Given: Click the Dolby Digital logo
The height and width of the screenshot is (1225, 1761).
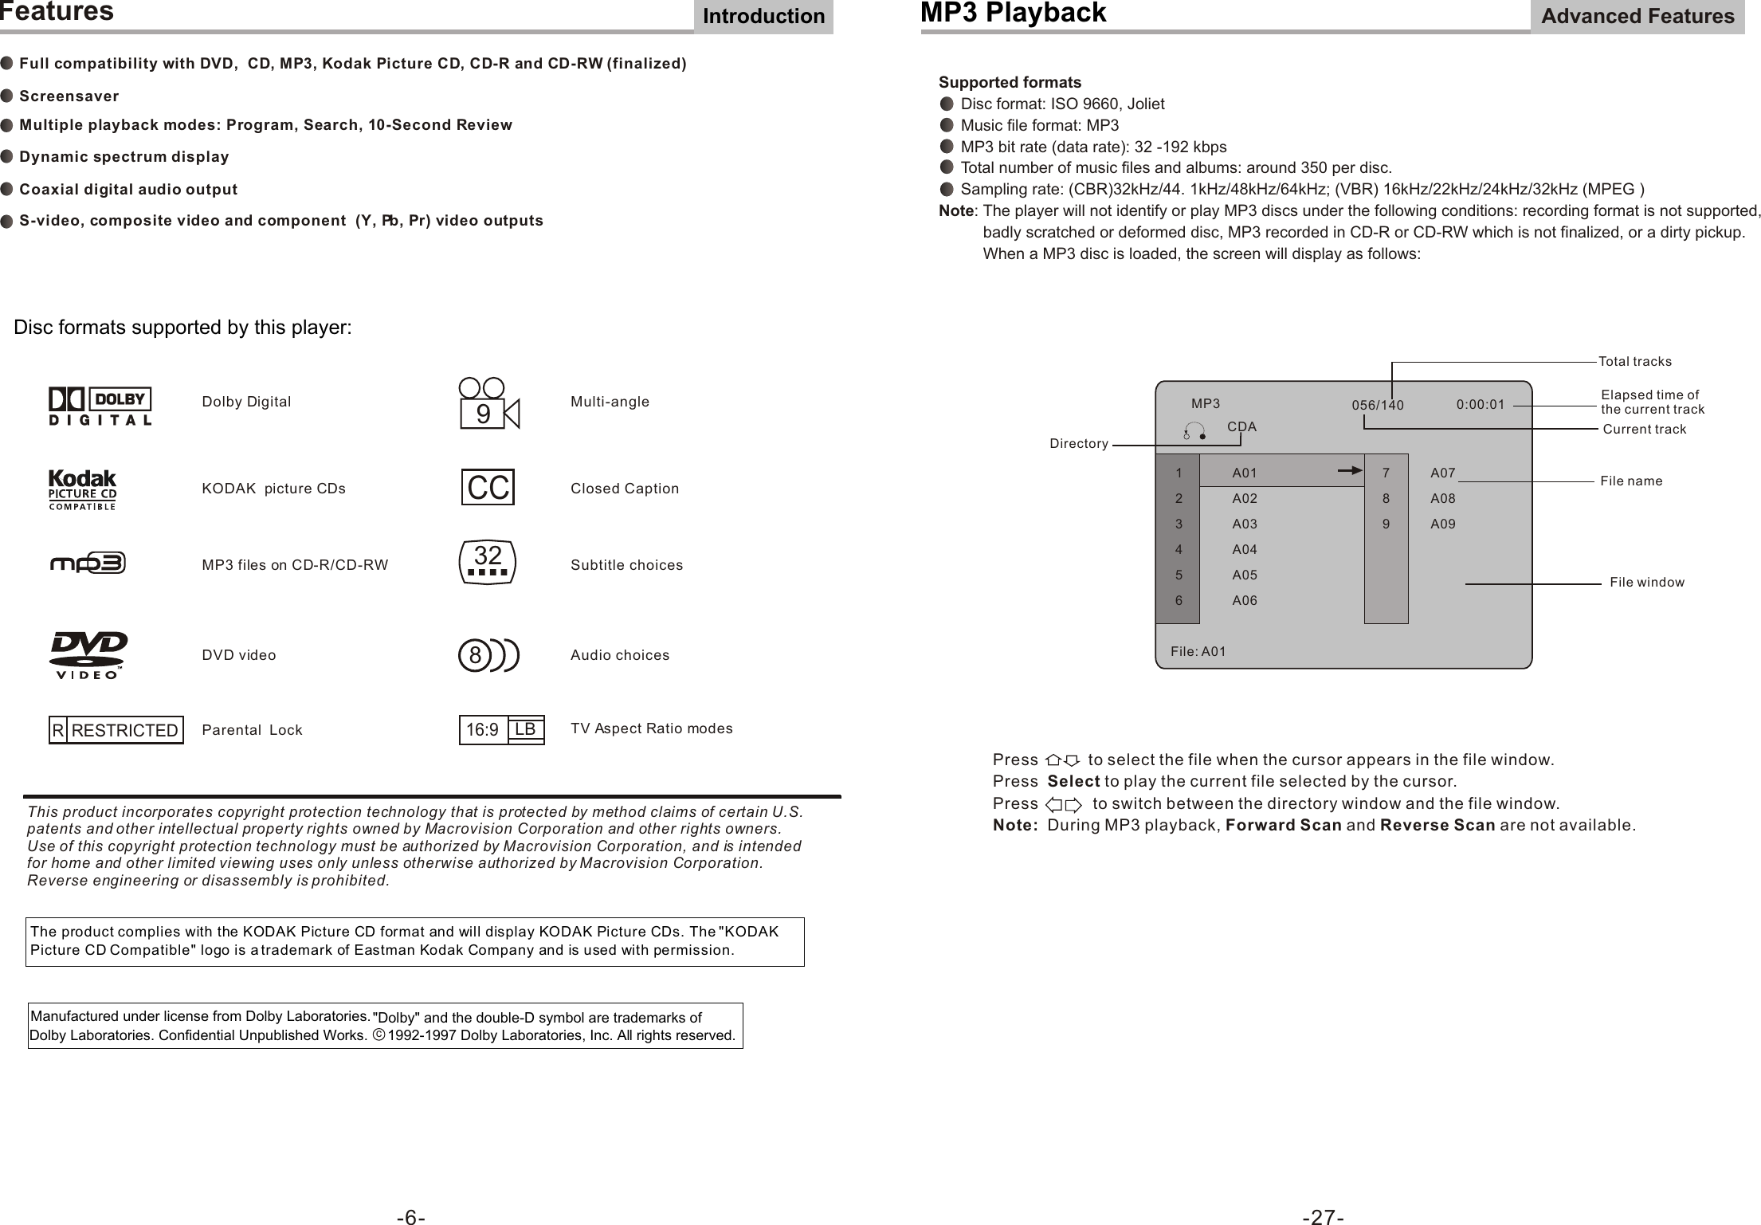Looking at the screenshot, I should [x=100, y=406].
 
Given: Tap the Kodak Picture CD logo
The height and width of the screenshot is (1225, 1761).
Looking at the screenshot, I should [x=83, y=489].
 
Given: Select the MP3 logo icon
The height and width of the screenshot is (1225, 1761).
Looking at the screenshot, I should [x=88, y=563].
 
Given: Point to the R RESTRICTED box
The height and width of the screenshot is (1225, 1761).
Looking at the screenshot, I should [x=116, y=730].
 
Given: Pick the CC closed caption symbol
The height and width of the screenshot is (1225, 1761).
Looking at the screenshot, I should [x=488, y=488].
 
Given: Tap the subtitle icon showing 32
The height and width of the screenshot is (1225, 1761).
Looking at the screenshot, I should [x=488, y=563].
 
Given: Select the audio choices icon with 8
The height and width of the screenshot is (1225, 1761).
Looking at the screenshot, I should [x=488, y=655].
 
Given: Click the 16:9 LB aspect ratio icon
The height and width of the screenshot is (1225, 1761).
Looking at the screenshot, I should [x=501, y=730].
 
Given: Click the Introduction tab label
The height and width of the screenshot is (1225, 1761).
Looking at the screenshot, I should [x=763, y=17].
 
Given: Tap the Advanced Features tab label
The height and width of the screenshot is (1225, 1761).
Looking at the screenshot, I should [x=1637, y=17].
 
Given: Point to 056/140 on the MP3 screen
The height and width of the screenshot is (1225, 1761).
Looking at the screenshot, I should [x=1378, y=406].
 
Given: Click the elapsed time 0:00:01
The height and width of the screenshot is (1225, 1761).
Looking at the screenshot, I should [x=1481, y=404].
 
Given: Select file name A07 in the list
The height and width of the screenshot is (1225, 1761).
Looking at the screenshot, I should [x=1443, y=473].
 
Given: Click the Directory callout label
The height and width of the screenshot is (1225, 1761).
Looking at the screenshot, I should [x=1079, y=444].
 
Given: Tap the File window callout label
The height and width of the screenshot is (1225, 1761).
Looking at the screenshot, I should [x=1647, y=583].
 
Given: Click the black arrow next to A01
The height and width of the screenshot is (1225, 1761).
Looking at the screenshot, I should [x=1351, y=471].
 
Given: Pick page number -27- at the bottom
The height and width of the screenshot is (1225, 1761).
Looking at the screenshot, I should [x=1323, y=1217].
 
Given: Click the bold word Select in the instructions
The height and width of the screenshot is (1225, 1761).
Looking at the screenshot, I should [x=1073, y=780].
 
